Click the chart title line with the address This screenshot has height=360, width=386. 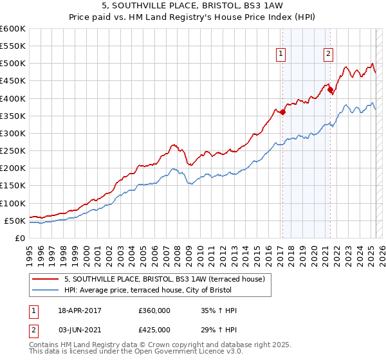point(193,6)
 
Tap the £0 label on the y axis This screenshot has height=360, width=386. point(19,238)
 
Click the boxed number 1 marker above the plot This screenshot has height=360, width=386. point(282,55)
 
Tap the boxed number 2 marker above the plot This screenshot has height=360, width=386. point(328,55)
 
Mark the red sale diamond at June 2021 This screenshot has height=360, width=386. point(331,90)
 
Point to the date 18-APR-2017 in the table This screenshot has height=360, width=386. point(80,310)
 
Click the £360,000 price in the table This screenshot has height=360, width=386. point(154,310)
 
